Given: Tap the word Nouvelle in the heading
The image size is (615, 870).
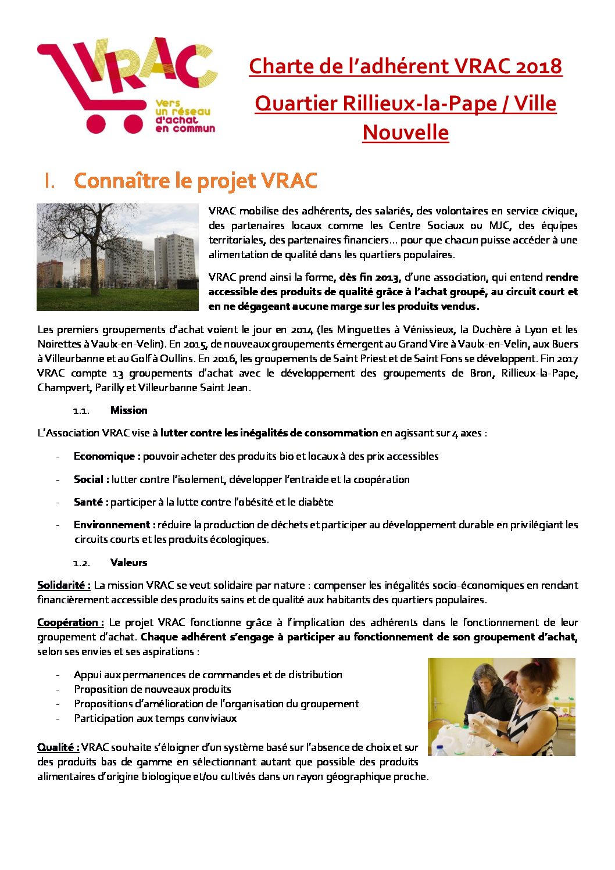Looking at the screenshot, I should coord(406,133).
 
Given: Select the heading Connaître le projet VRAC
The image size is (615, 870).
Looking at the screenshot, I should coord(195,181).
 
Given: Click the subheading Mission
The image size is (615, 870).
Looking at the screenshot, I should coord(128,410).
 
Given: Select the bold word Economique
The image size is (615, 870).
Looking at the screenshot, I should coord(106,456).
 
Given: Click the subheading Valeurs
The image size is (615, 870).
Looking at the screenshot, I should coord(128,563).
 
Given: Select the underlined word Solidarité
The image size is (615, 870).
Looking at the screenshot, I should coord(63,585).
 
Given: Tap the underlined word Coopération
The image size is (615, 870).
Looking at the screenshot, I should coord(70,622).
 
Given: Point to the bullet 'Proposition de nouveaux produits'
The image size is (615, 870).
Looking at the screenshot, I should coord(152,689).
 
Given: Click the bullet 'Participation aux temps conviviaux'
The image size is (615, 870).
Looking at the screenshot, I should coord(155,718).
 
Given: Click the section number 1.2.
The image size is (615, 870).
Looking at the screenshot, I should coord(81,563).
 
